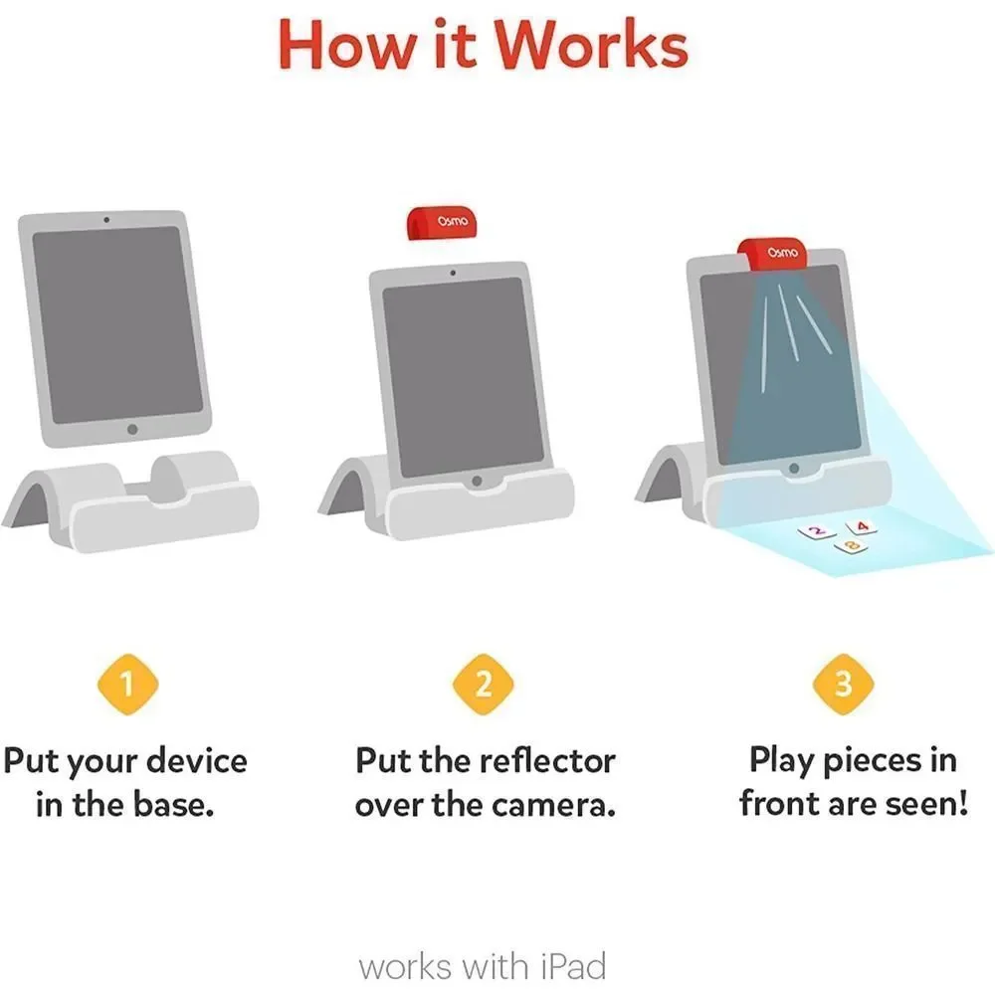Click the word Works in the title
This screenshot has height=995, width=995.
pyautogui.click(x=591, y=45)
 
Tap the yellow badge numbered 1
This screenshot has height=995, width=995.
pyautogui.click(x=127, y=685)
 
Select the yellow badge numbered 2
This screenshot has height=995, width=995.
pyautogui.click(x=483, y=685)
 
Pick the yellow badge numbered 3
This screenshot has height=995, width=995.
pyautogui.click(x=844, y=685)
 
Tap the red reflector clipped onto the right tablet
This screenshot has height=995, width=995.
pyautogui.click(x=773, y=253)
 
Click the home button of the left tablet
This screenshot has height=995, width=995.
pyautogui.click(x=132, y=429)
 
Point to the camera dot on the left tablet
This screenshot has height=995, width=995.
pyautogui.click(x=106, y=220)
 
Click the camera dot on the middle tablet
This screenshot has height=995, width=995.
pyautogui.click(x=453, y=273)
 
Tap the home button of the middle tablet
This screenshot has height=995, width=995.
pyautogui.click(x=477, y=481)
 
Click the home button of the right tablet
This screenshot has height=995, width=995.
pyautogui.click(x=794, y=469)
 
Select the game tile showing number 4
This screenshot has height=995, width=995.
pyautogui.click(x=862, y=526)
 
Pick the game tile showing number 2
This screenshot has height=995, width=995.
pyautogui.click(x=817, y=531)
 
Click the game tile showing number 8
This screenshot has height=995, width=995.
pyautogui.click(x=852, y=545)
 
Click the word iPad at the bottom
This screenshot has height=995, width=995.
pyautogui.click(x=574, y=966)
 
